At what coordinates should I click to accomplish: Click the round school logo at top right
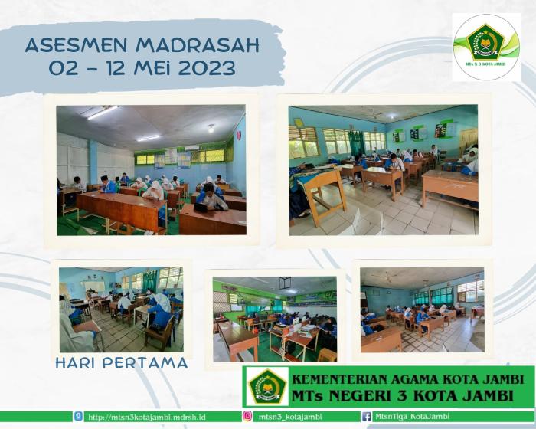[x=486, y=47]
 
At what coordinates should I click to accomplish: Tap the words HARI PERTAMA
[x=121, y=362]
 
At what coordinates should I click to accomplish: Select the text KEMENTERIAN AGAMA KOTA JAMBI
[x=407, y=378]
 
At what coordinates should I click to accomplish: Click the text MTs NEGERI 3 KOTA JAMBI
[x=407, y=395]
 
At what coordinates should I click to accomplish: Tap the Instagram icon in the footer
[x=247, y=416]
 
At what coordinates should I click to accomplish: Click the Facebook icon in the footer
[x=367, y=416]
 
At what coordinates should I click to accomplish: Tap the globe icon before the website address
[x=79, y=416]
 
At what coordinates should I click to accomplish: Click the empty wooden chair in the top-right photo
[x=323, y=192]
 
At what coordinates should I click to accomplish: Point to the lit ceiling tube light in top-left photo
[x=103, y=113]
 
